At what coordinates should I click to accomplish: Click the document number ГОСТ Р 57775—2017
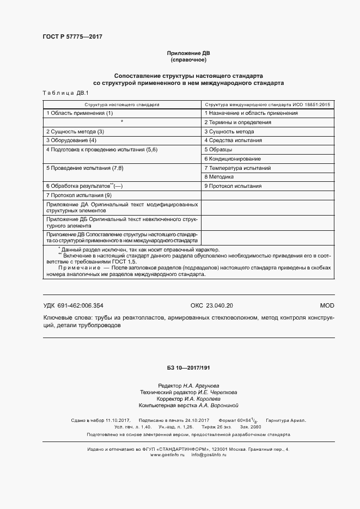point(72,37)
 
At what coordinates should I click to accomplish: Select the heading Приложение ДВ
point(188,53)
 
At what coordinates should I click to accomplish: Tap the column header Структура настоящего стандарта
point(121,103)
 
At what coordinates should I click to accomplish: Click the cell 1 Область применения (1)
point(80,113)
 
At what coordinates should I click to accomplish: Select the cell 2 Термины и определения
point(237,122)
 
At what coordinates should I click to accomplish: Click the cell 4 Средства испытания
point(233,140)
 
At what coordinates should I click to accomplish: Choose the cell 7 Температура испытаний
point(237,168)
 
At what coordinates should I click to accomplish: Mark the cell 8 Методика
point(219,177)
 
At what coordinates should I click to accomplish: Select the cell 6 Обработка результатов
point(84,186)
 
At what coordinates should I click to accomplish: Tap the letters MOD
point(327,306)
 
